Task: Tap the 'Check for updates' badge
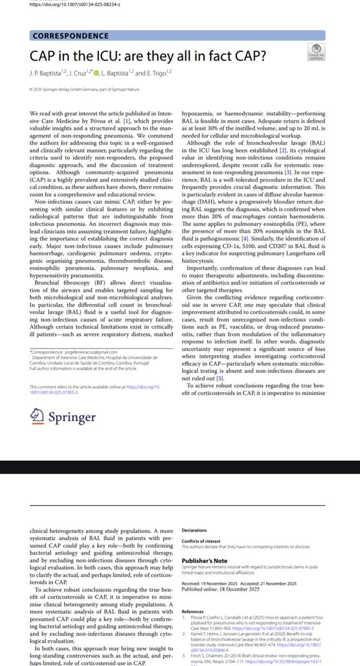pos(317,52)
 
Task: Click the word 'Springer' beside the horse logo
pos(71,416)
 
